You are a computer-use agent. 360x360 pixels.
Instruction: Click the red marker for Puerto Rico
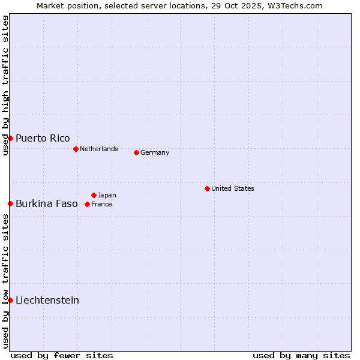[x=10, y=139]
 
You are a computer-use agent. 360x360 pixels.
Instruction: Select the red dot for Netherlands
[x=76, y=149]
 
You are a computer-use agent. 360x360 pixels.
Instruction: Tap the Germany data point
[x=136, y=152]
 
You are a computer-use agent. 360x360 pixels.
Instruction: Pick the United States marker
[x=207, y=188]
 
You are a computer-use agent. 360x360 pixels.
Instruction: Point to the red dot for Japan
[x=94, y=195]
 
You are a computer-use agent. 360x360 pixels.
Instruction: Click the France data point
[x=87, y=204]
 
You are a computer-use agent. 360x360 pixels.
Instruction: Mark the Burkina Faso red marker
[x=10, y=204]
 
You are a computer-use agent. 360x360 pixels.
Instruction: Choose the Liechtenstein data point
[x=10, y=300]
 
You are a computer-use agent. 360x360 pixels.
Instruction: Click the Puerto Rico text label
[x=43, y=139]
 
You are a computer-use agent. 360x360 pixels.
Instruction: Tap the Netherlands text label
[x=99, y=149]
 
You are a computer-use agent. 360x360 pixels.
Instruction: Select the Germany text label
[x=155, y=152]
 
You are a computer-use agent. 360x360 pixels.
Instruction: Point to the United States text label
[x=233, y=188]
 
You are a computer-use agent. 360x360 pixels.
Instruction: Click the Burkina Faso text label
[x=47, y=204]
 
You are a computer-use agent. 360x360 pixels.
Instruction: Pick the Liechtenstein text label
[x=47, y=300]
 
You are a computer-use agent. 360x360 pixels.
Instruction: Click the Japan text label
[x=107, y=195]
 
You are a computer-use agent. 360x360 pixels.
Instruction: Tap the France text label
[x=101, y=204]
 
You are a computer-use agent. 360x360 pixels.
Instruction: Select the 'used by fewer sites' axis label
[x=62, y=355]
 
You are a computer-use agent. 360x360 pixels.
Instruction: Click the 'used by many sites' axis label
[x=301, y=355]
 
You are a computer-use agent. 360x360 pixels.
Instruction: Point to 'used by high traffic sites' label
[x=5, y=85]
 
